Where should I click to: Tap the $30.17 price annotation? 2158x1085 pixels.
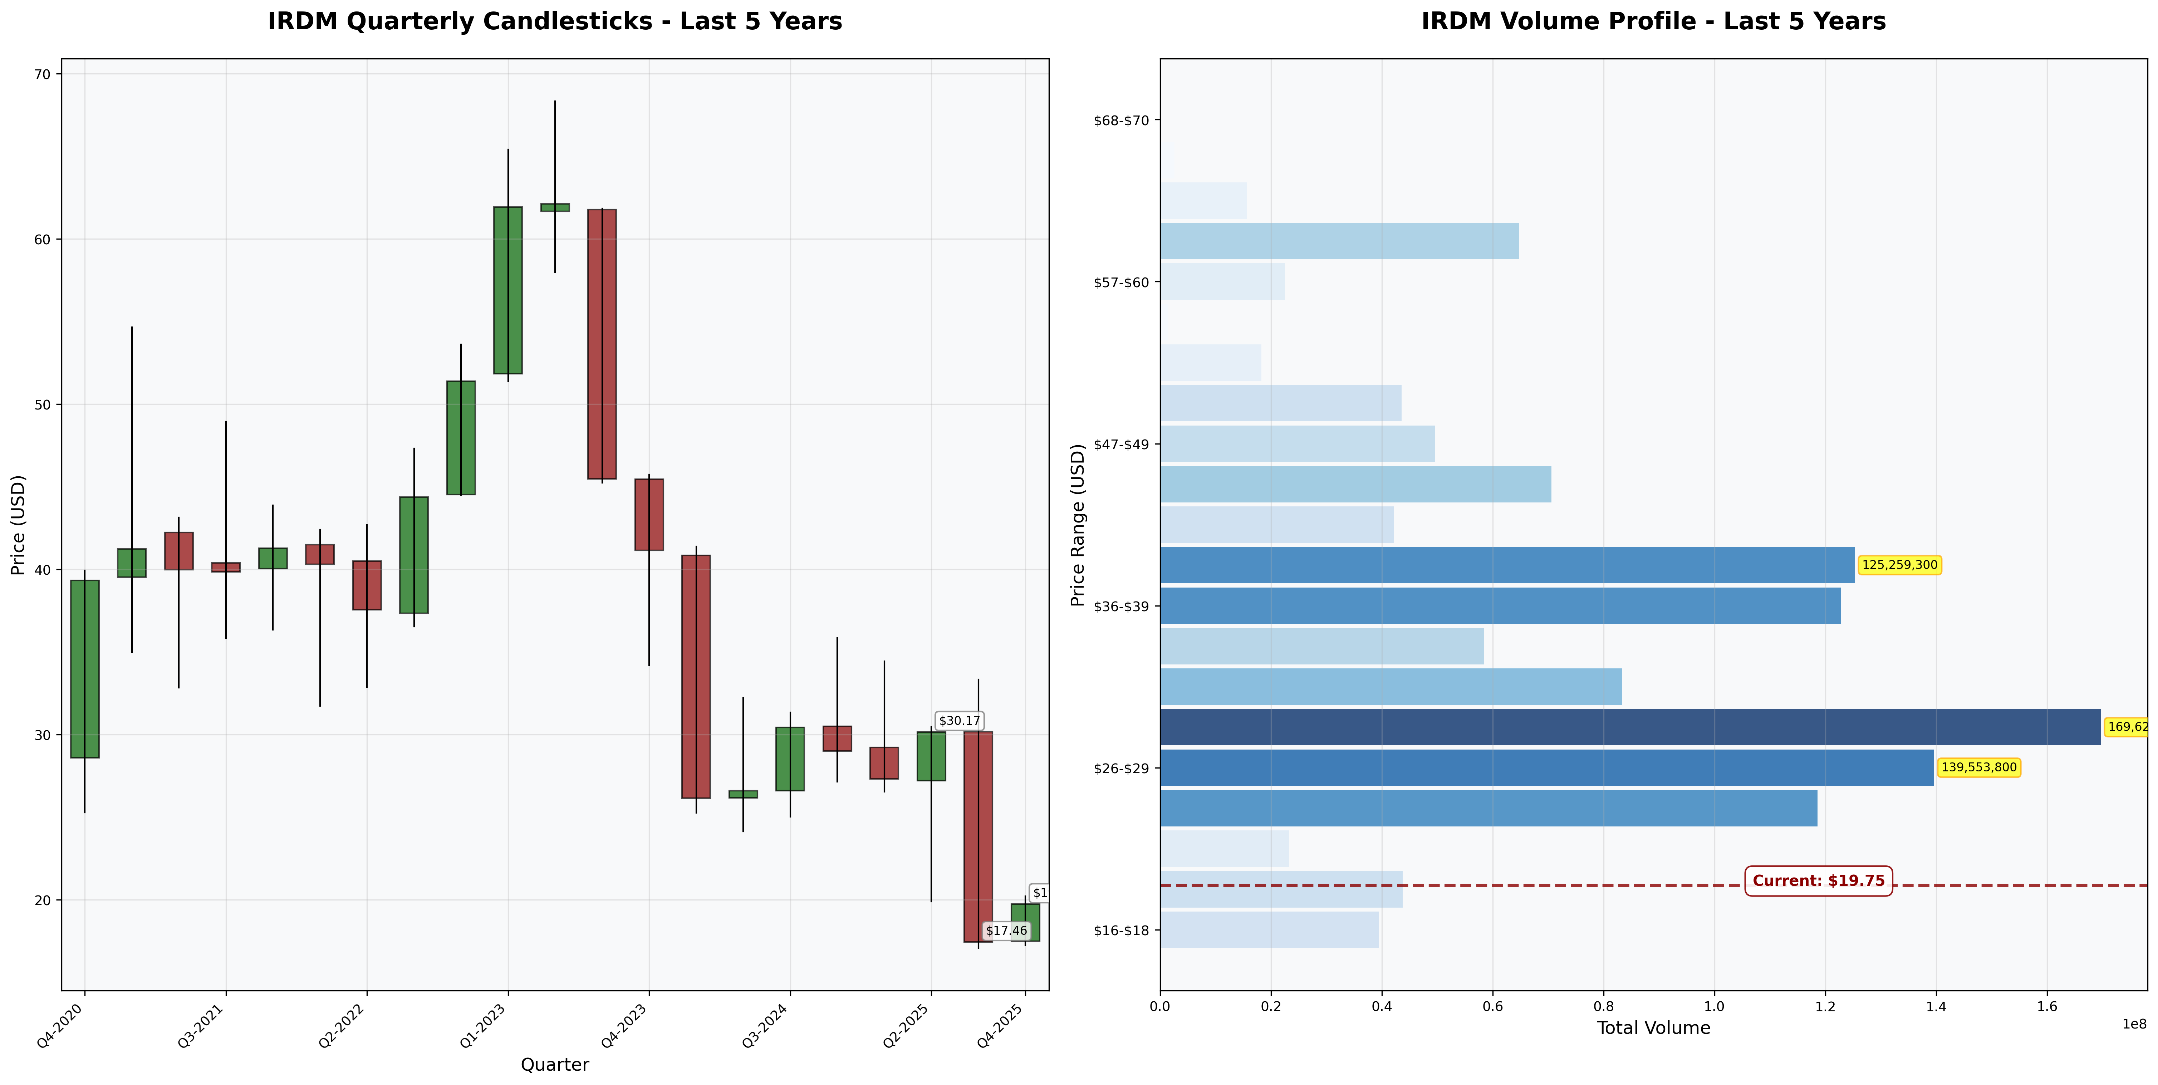[x=959, y=721]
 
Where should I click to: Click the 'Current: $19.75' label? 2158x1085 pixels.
[x=1818, y=880]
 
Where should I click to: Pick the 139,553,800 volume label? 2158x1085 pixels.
[x=1979, y=767]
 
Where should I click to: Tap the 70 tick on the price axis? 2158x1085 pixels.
[x=42, y=75]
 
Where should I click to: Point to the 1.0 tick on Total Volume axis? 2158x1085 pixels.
[x=1714, y=1006]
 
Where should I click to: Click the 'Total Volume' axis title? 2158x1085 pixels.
[x=1653, y=1028]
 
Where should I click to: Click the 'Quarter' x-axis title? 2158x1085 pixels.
[x=555, y=1064]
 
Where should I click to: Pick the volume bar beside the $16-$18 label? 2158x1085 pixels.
[x=1269, y=930]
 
